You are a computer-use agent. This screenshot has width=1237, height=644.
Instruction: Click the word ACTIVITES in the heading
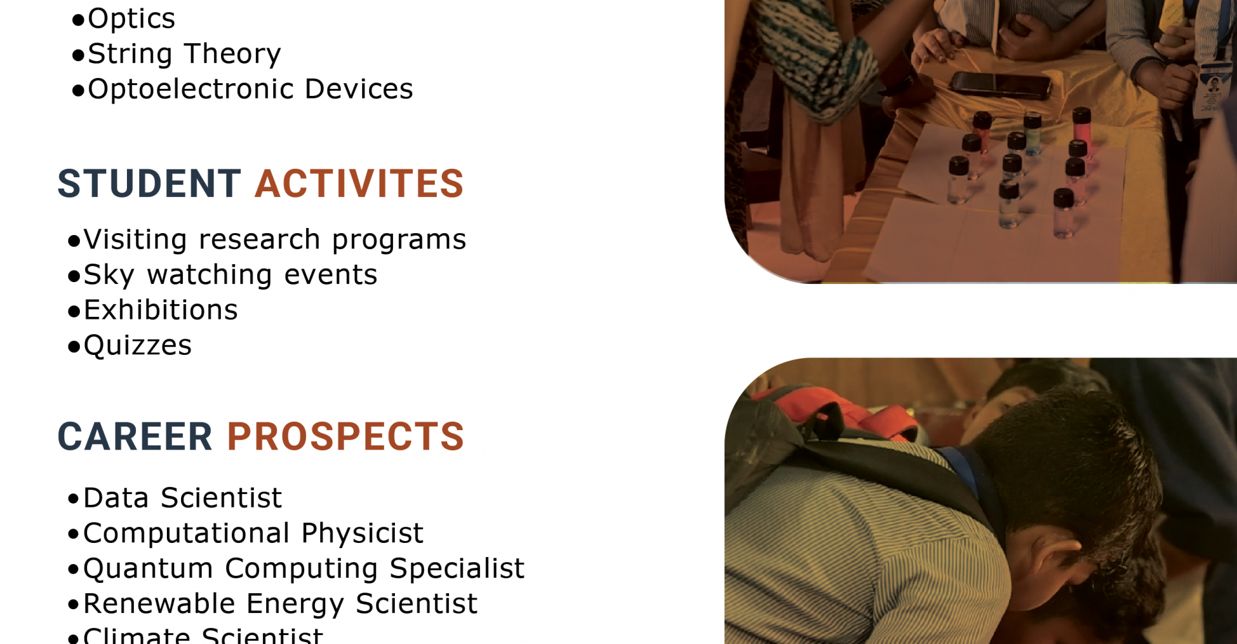[x=360, y=184]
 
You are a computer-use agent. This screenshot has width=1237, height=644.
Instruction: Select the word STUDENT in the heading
[x=149, y=184]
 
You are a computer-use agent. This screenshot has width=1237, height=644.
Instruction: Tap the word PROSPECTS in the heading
[x=345, y=437]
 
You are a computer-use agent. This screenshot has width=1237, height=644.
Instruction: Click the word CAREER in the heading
[x=135, y=437]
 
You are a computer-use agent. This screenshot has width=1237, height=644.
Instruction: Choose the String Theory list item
[x=177, y=54]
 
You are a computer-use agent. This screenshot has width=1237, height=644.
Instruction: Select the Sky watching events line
[x=222, y=276]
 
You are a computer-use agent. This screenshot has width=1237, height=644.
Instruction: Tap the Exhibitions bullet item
[x=153, y=310]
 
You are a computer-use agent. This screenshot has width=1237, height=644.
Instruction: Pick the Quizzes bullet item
[x=129, y=346]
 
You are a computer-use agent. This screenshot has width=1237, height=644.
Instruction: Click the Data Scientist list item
[x=175, y=498]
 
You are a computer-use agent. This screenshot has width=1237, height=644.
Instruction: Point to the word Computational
[x=186, y=534]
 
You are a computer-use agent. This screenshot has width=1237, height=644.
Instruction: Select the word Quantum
[x=148, y=569]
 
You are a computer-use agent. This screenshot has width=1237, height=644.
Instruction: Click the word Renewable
[x=159, y=604]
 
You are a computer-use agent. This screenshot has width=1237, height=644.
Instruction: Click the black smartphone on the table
[x=1000, y=85]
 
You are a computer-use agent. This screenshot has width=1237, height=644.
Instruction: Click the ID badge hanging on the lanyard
[x=1213, y=87]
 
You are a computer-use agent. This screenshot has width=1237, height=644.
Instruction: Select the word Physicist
[x=362, y=534]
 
